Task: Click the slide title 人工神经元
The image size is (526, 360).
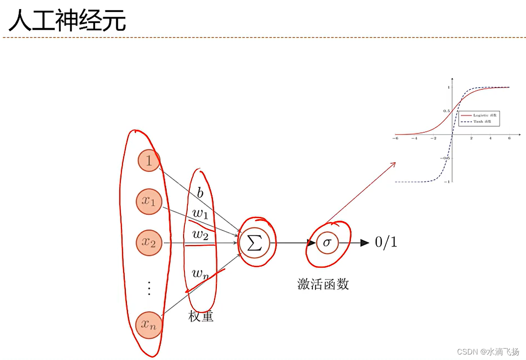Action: pos(67,21)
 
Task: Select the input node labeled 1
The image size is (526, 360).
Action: pos(149,160)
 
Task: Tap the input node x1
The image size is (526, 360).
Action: pos(149,201)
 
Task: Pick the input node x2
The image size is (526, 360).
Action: pos(149,243)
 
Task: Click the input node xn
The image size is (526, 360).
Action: pos(149,325)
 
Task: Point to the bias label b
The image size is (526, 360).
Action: pos(200,193)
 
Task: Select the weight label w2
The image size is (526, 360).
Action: pos(200,235)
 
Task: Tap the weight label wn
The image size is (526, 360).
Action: pos(200,274)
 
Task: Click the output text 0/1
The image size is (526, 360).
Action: pos(386,242)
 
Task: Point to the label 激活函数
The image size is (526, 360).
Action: pos(323,285)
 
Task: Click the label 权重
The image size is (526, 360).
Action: pos(201,316)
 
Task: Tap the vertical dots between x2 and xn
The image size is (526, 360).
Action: pos(149,288)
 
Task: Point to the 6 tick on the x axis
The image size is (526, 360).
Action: pos(509,138)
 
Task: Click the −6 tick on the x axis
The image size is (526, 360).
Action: pos(395,138)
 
